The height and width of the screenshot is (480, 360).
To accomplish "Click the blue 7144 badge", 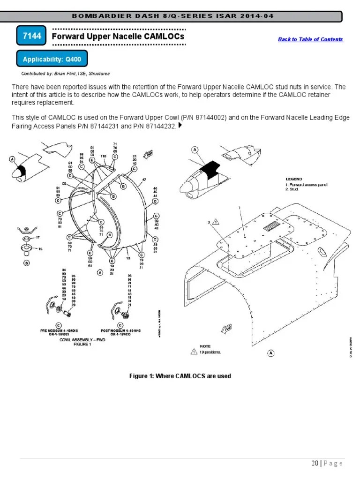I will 31,36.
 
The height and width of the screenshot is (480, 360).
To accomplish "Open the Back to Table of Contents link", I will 310,39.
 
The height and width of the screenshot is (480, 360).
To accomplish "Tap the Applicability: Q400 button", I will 52,60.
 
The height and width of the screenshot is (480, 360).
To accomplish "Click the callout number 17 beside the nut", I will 37,238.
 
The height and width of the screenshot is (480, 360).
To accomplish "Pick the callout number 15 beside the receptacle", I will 40,249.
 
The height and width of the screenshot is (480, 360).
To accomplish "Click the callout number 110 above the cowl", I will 104,156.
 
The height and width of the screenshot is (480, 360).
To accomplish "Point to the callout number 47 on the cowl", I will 144,180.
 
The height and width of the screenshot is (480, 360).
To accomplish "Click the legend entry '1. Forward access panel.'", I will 307,185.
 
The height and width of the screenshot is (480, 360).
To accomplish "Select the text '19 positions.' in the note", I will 210,352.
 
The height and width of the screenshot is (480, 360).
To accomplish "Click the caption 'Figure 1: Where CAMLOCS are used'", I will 180,376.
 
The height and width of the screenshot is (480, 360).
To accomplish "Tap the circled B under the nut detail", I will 27,263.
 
